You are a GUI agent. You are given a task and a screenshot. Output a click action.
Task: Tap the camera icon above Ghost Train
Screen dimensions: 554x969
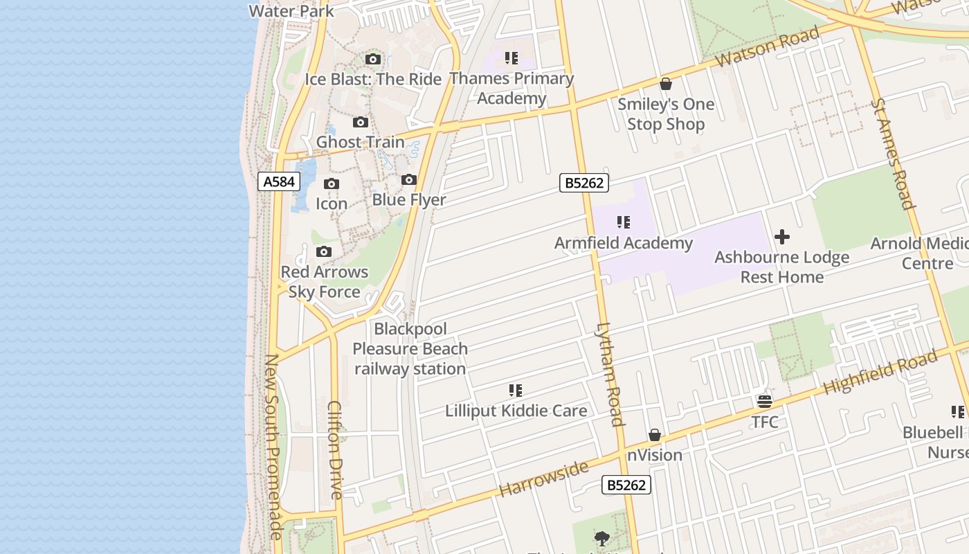(x=361, y=123)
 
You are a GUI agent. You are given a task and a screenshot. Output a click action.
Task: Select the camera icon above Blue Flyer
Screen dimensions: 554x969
(x=409, y=180)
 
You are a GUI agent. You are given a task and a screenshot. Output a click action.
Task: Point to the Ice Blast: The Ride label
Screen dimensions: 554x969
(x=373, y=79)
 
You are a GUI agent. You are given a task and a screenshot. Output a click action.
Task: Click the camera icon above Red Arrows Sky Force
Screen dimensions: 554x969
(x=324, y=251)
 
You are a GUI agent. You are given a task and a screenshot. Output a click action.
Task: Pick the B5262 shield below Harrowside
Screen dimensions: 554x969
(x=626, y=485)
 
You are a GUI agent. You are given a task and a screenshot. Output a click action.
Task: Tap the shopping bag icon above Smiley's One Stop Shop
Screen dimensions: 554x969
(x=666, y=84)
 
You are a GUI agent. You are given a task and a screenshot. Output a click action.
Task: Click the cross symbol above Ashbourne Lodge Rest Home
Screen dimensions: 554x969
(x=782, y=238)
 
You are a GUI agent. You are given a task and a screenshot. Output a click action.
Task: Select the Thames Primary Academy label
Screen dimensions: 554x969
(x=511, y=89)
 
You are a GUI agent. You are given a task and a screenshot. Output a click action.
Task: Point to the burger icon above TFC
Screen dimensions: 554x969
(x=765, y=402)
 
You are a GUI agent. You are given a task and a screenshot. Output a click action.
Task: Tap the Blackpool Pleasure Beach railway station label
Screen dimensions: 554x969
(x=410, y=349)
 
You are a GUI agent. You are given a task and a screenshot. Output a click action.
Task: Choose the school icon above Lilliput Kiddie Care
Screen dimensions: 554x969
(x=516, y=391)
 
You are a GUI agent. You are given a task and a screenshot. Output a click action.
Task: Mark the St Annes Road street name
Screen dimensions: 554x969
(x=894, y=153)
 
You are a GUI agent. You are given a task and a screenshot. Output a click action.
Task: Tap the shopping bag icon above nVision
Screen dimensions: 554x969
(x=655, y=435)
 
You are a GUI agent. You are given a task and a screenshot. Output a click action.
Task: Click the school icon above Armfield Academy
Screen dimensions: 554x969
(x=624, y=222)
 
